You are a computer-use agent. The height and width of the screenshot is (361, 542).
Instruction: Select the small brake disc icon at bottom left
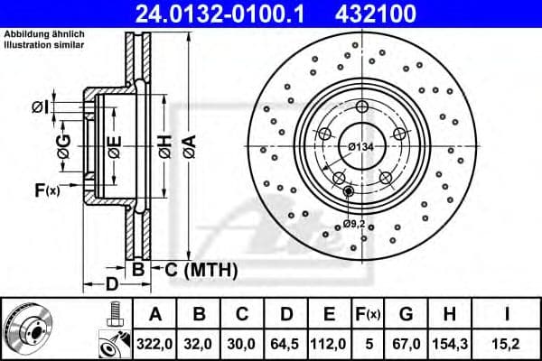tap(28, 329)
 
